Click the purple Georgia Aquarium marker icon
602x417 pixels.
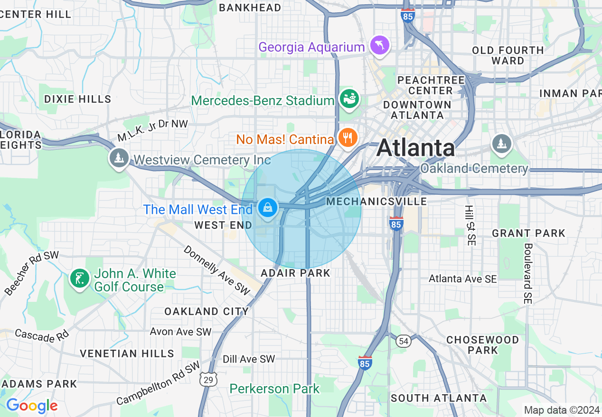click(x=380, y=45)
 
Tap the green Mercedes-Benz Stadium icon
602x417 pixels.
click(x=349, y=99)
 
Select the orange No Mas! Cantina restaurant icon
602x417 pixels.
click(x=348, y=138)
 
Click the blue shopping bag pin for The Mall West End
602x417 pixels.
click(x=268, y=208)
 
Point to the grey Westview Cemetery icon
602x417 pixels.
click(x=119, y=158)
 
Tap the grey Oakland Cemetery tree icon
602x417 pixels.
click(x=501, y=143)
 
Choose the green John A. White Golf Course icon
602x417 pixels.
click(x=79, y=279)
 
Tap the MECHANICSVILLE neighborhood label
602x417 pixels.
click(x=376, y=202)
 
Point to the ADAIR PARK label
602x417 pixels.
click(x=295, y=273)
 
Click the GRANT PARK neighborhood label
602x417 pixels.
click(x=528, y=233)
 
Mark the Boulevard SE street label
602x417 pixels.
click(x=528, y=273)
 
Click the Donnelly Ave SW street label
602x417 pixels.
click(x=216, y=271)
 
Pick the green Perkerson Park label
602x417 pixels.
click(x=274, y=389)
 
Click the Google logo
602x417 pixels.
click(x=32, y=406)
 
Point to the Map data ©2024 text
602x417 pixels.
click(x=562, y=410)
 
